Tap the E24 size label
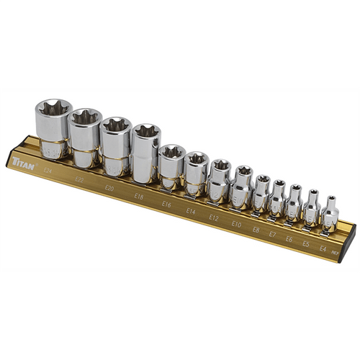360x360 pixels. [x=48, y=171]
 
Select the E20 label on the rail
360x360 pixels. [x=109, y=188]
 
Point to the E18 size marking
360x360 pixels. [x=139, y=196]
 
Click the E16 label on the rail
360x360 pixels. [x=166, y=204]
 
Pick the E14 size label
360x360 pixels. [x=191, y=212]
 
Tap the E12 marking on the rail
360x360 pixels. [x=214, y=218]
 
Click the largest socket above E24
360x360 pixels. [x=52, y=130]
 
